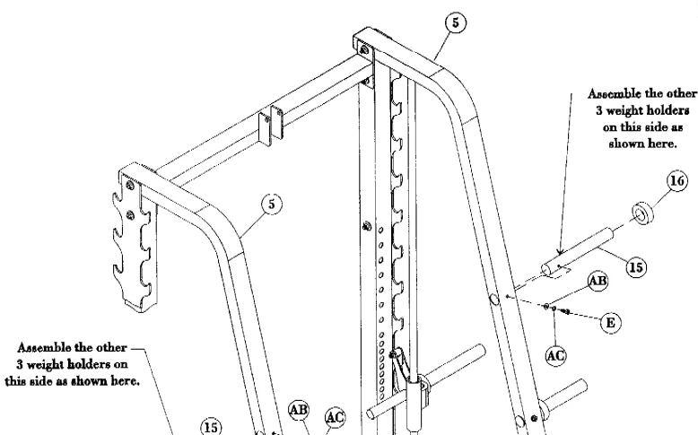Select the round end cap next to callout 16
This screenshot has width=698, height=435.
tap(642, 215)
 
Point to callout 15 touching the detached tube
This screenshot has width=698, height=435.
tap(612, 267)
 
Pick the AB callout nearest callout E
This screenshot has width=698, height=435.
tap(596, 281)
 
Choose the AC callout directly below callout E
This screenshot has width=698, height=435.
tap(556, 355)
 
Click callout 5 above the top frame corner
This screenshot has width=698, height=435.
tap(458, 23)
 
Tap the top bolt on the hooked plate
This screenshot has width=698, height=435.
tap(132, 185)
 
